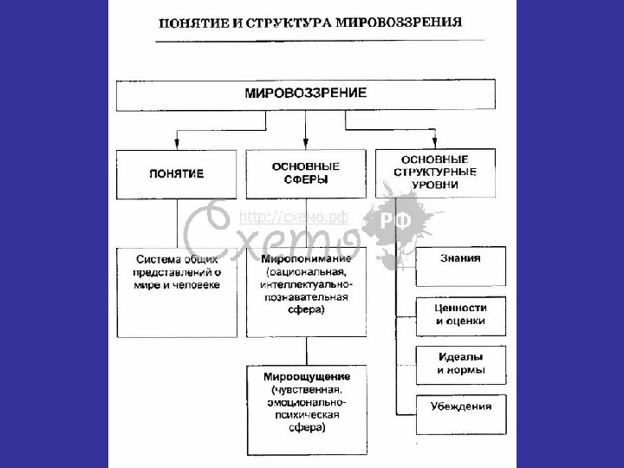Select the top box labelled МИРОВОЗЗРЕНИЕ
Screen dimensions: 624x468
306,94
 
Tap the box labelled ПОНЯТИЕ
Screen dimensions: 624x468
176,173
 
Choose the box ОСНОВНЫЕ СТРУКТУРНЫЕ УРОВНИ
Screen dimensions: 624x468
435,171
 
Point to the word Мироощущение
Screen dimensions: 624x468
305,377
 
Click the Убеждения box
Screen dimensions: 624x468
459,406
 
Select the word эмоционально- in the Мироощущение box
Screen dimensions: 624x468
306,403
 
